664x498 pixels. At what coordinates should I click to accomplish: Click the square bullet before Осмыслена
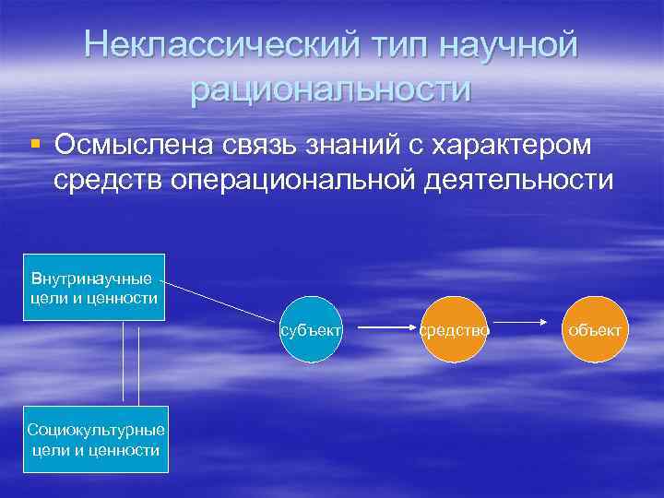[35, 145]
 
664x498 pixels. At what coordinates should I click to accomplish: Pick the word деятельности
[519, 179]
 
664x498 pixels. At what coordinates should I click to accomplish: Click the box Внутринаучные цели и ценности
[94, 287]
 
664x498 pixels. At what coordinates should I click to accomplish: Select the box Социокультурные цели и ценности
[96, 440]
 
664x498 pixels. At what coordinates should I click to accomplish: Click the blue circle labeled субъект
[312, 328]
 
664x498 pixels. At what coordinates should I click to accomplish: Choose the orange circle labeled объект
[596, 328]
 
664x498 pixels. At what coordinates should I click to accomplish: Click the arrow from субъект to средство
[386, 327]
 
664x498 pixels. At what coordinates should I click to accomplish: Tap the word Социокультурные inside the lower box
[96, 431]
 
